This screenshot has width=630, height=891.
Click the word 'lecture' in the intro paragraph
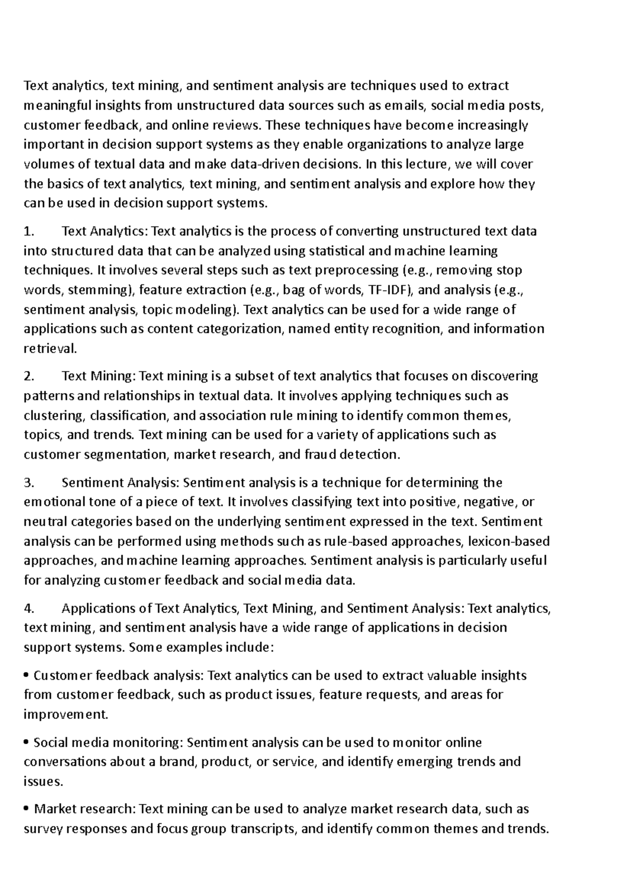pos(427,164)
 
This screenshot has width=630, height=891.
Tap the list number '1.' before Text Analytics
pos(29,231)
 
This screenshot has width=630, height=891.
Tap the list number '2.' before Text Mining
pos(29,376)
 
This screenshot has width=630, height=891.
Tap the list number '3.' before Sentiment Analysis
pos(29,483)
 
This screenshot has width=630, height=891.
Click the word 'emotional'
pos(56,502)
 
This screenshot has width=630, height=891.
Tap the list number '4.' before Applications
pos(29,609)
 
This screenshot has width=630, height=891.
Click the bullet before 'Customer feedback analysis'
pos(27,676)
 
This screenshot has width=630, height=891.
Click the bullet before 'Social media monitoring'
pos(27,743)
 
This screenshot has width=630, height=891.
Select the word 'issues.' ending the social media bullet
pos(43,781)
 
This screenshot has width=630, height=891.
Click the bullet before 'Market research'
pos(27,810)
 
